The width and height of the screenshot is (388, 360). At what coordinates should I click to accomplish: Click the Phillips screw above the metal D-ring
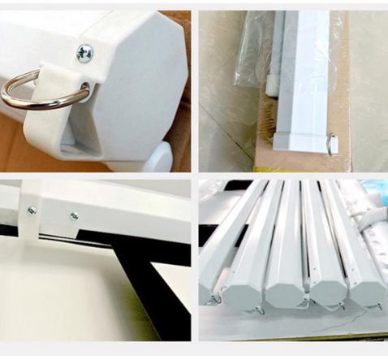pyautogui.click(x=84, y=53)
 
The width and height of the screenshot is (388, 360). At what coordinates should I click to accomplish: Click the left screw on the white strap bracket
pyautogui.click(x=32, y=210)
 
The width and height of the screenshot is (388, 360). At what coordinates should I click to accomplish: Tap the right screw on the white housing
pyautogui.click(x=74, y=215)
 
